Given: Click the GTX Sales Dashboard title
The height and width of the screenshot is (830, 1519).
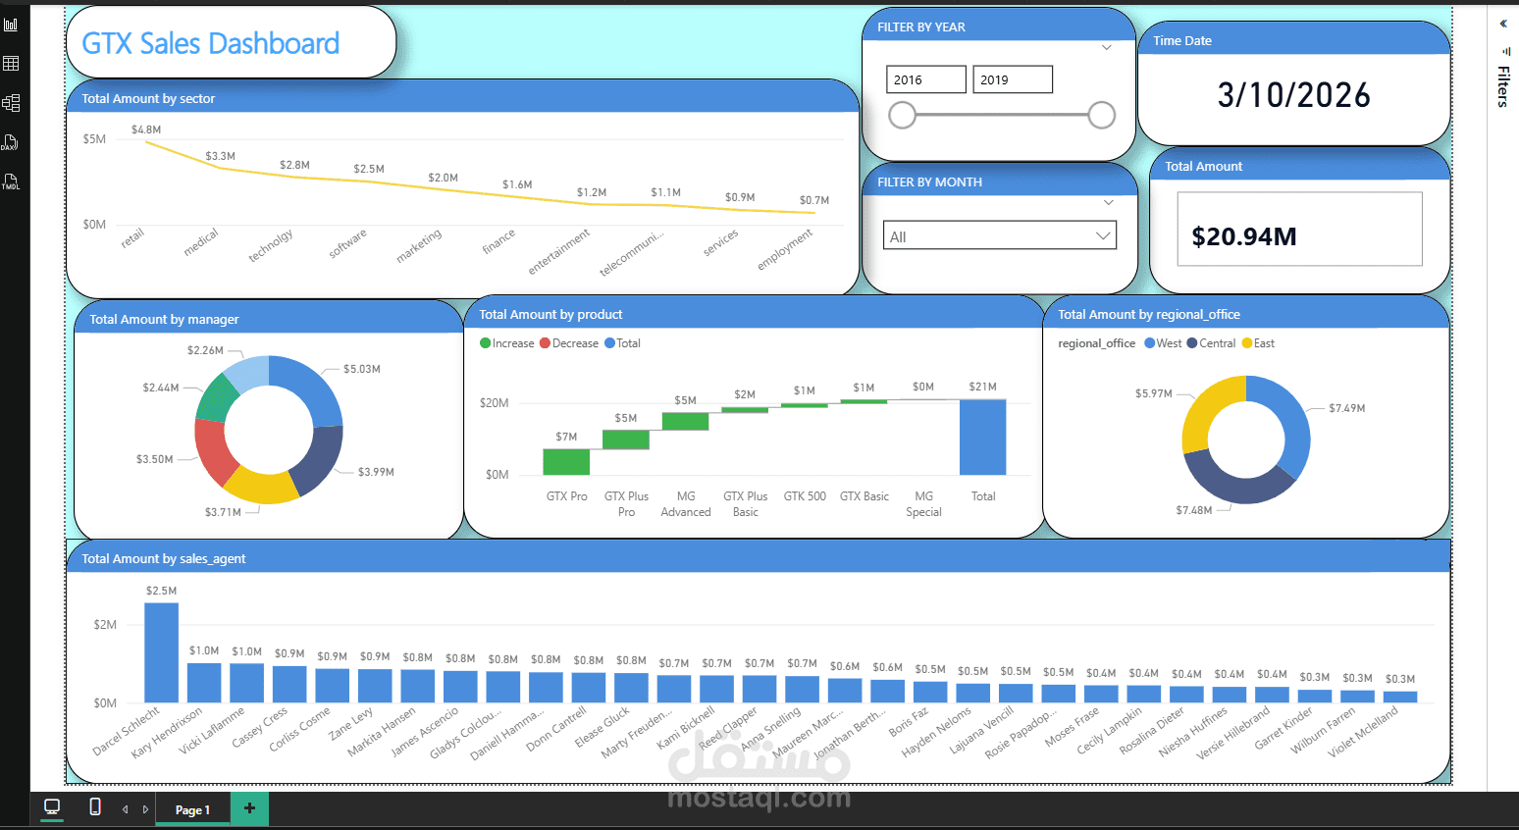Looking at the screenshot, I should (x=210, y=43).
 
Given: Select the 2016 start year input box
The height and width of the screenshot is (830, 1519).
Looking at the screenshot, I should (x=925, y=79).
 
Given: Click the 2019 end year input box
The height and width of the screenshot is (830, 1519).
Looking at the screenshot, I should (x=1012, y=79).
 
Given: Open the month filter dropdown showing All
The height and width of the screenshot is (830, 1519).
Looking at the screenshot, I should (x=999, y=236).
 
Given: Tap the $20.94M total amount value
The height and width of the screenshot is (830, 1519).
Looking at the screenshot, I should (x=1243, y=236).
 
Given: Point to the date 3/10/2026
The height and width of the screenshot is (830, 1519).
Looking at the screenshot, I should (x=1293, y=95).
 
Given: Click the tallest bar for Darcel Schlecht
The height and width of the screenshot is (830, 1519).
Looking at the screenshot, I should (x=161, y=652).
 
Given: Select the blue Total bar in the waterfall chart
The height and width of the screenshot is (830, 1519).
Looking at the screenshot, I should (x=982, y=438).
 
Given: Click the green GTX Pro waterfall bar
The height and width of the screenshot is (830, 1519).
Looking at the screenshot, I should (x=566, y=462).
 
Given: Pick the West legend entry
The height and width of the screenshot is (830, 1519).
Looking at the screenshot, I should (x=1164, y=343).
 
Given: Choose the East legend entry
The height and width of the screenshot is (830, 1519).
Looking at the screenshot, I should (x=1259, y=343).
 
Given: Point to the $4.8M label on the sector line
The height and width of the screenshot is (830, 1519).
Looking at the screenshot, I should (x=146, y=130).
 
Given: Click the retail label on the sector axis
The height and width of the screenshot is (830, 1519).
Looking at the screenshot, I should (x=132, y=237).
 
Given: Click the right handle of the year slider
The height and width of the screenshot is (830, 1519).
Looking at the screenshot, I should (x=1102, y=115).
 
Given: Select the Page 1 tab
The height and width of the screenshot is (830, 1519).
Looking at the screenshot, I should (x=192, y=809).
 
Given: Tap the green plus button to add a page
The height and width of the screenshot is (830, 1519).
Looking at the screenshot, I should (x=249, y=808).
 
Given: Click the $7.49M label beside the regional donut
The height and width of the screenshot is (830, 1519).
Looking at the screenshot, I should (x=1346, y=408).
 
